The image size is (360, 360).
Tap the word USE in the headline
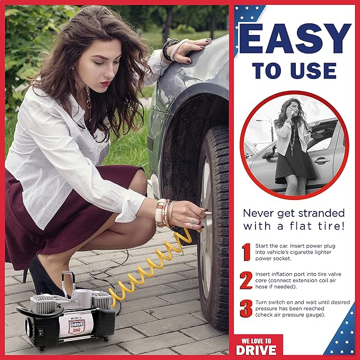[317, 71]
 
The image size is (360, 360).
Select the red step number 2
[246, 280]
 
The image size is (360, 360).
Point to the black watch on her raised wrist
[169, 50]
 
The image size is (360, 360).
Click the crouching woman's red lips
[106, 83]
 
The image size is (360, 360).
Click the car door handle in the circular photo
[320, 160]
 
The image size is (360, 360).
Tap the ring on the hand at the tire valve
[192, 221]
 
